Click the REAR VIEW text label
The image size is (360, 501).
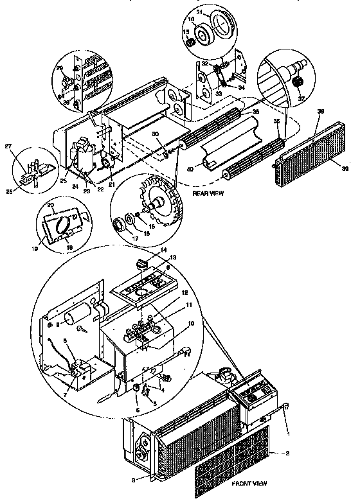(209, 192)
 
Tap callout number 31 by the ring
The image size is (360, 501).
(199, 13)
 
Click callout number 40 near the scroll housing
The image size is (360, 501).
(190, 169)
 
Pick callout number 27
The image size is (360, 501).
(26, 147)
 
